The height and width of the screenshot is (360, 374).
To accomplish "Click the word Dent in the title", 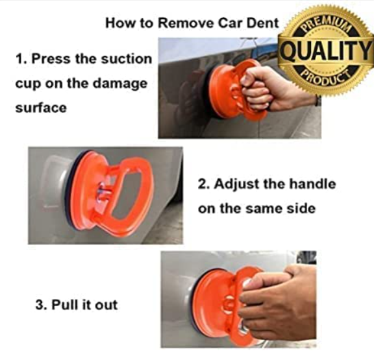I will point(264,23).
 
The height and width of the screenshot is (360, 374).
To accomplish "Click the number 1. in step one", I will point(21,59).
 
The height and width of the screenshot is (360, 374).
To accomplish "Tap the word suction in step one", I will point(127,59).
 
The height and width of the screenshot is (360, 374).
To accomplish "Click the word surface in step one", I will point(40,108).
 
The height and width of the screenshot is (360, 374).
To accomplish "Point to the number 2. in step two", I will point(204,184).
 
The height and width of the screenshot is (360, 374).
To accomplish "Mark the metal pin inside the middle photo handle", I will point(102,192).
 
